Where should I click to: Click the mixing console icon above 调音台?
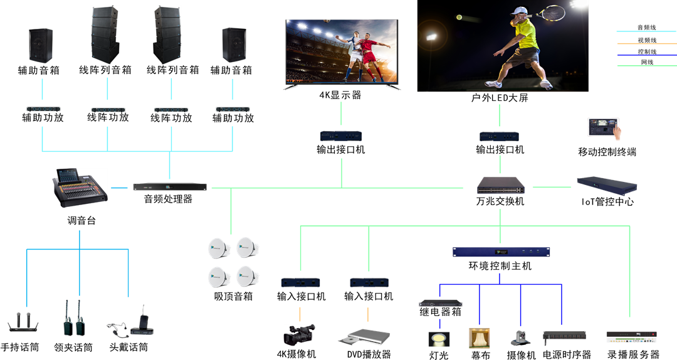[x=80, y=188]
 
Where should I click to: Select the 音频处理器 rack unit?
[x=170, y=187]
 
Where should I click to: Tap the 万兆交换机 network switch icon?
[x=500, y=186]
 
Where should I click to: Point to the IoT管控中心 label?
[x=607, y=202]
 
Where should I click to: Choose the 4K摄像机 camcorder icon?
[x=298, y=334]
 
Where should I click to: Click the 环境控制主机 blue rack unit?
[x=501, y=251]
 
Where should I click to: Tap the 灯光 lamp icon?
[x=438, y=339]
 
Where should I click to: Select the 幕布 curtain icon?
[x=480, y=338]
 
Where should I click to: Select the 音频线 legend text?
[x=647, y=28]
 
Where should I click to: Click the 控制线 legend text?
[x=647, y=51]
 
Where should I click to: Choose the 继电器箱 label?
[x=440, y=312]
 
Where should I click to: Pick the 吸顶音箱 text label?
[x=233, y=296]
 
